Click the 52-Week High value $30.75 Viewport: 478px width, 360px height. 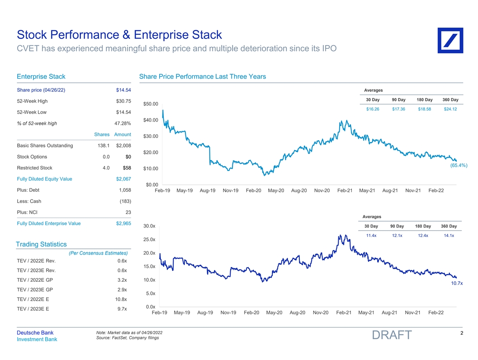tap(123, 101)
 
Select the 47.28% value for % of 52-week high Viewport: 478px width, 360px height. tap(123, 123)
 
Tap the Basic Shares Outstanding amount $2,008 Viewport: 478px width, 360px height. tap(123, 146)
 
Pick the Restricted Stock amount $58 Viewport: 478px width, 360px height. tap(127, 168)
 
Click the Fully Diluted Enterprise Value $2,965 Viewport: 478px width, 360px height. tap(123, 223)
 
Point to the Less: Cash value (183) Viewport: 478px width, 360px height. tap(125, 201)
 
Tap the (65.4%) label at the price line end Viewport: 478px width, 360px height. tap(459, 166)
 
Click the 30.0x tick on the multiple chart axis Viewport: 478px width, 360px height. tap(150, 226)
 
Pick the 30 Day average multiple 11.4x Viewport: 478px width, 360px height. tap(371, 235)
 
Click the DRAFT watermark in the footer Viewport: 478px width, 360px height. tap(392, 335)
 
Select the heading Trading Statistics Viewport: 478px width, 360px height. tap(41, 244)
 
